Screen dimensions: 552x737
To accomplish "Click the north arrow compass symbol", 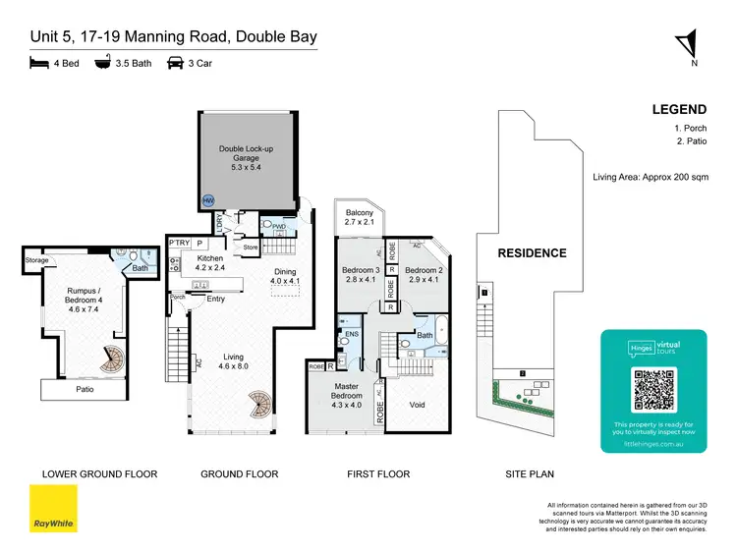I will [x=692, y=45].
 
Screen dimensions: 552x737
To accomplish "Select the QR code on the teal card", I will [x=653, y=390].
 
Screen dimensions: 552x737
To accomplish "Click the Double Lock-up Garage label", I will [x=239, y=157].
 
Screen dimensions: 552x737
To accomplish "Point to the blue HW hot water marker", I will [x=208, y=199].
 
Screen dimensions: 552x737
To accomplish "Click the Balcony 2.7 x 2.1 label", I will [x=357, y=217].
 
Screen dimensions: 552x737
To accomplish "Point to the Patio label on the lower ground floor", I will [x=84, y=389].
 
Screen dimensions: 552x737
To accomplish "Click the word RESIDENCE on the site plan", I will [x=532, y=252].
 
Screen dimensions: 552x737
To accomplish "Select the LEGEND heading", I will [x=679, y=109].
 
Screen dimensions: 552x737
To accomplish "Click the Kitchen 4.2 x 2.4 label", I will [x=210, y=262].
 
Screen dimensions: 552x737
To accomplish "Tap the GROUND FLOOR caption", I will [x=239, y=474].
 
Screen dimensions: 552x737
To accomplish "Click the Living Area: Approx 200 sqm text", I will [x=650, y=177].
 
